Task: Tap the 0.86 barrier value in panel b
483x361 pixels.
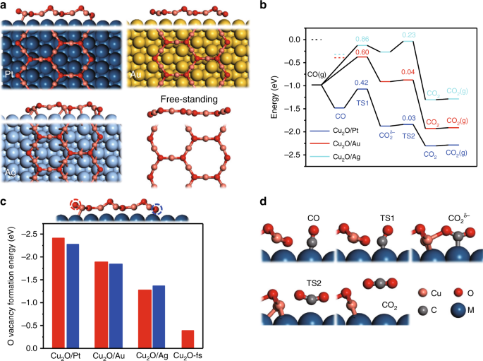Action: coord(362,39)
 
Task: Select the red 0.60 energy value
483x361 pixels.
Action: coord(362,52)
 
